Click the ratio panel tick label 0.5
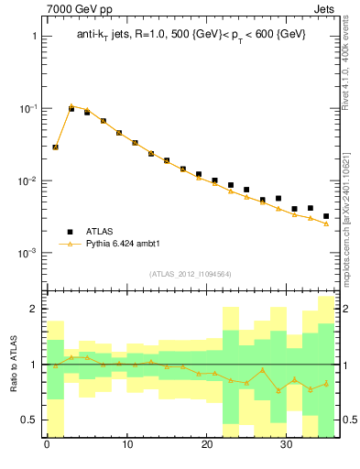pyautogui.click(x=30, y=420)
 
